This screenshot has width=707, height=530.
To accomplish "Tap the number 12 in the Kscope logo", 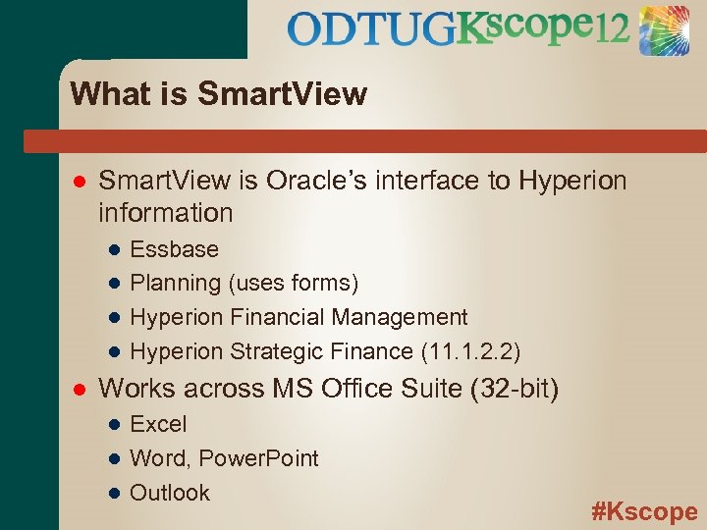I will (610, 31).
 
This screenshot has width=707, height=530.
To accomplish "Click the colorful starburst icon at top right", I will (665, 30).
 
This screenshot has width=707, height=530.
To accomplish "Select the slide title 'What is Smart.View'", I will (219, 94).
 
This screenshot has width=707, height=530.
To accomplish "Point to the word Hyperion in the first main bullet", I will (571, 182).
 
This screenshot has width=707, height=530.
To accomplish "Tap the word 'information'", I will (166, 212).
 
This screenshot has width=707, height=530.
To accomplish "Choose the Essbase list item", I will (174, 249).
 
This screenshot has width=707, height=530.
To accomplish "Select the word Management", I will (400, 317).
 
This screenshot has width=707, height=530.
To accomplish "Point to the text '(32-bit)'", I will (515, 390).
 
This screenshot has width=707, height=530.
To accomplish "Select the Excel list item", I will (158, 425).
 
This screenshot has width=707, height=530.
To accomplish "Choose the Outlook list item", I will (170, 493).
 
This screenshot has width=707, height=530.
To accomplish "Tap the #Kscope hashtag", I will (644, 511).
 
